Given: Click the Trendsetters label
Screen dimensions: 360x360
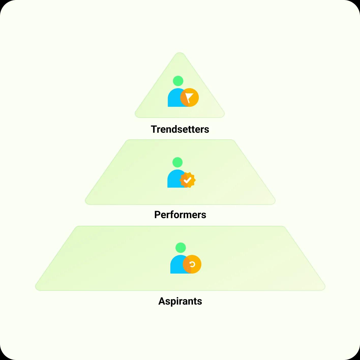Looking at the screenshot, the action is [180, 129].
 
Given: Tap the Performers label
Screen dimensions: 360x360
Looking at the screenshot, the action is [180, 215].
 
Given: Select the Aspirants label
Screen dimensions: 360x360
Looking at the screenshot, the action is [180, 301].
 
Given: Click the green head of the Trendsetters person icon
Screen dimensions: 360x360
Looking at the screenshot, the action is [178, 81].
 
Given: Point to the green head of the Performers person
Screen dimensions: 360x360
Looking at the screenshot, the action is [177, 162].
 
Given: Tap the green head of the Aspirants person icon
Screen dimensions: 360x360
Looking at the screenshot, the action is [181, 248].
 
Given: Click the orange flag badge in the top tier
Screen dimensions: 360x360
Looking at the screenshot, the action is [189, 97].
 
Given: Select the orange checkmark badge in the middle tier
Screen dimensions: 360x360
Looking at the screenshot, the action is [188, 180].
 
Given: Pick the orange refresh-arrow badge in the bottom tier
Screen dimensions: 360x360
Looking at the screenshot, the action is [192, 264].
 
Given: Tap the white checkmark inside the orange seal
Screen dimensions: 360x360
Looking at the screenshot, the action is [187, 180].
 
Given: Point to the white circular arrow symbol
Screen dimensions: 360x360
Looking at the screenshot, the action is [192, 264].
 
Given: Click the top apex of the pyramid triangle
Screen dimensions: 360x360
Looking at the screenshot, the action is [180, 53].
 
